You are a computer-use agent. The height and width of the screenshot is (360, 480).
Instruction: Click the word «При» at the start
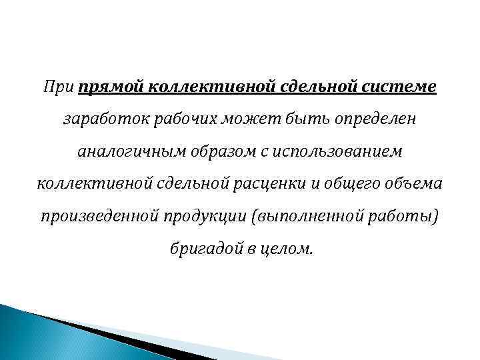tap(59, 87)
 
